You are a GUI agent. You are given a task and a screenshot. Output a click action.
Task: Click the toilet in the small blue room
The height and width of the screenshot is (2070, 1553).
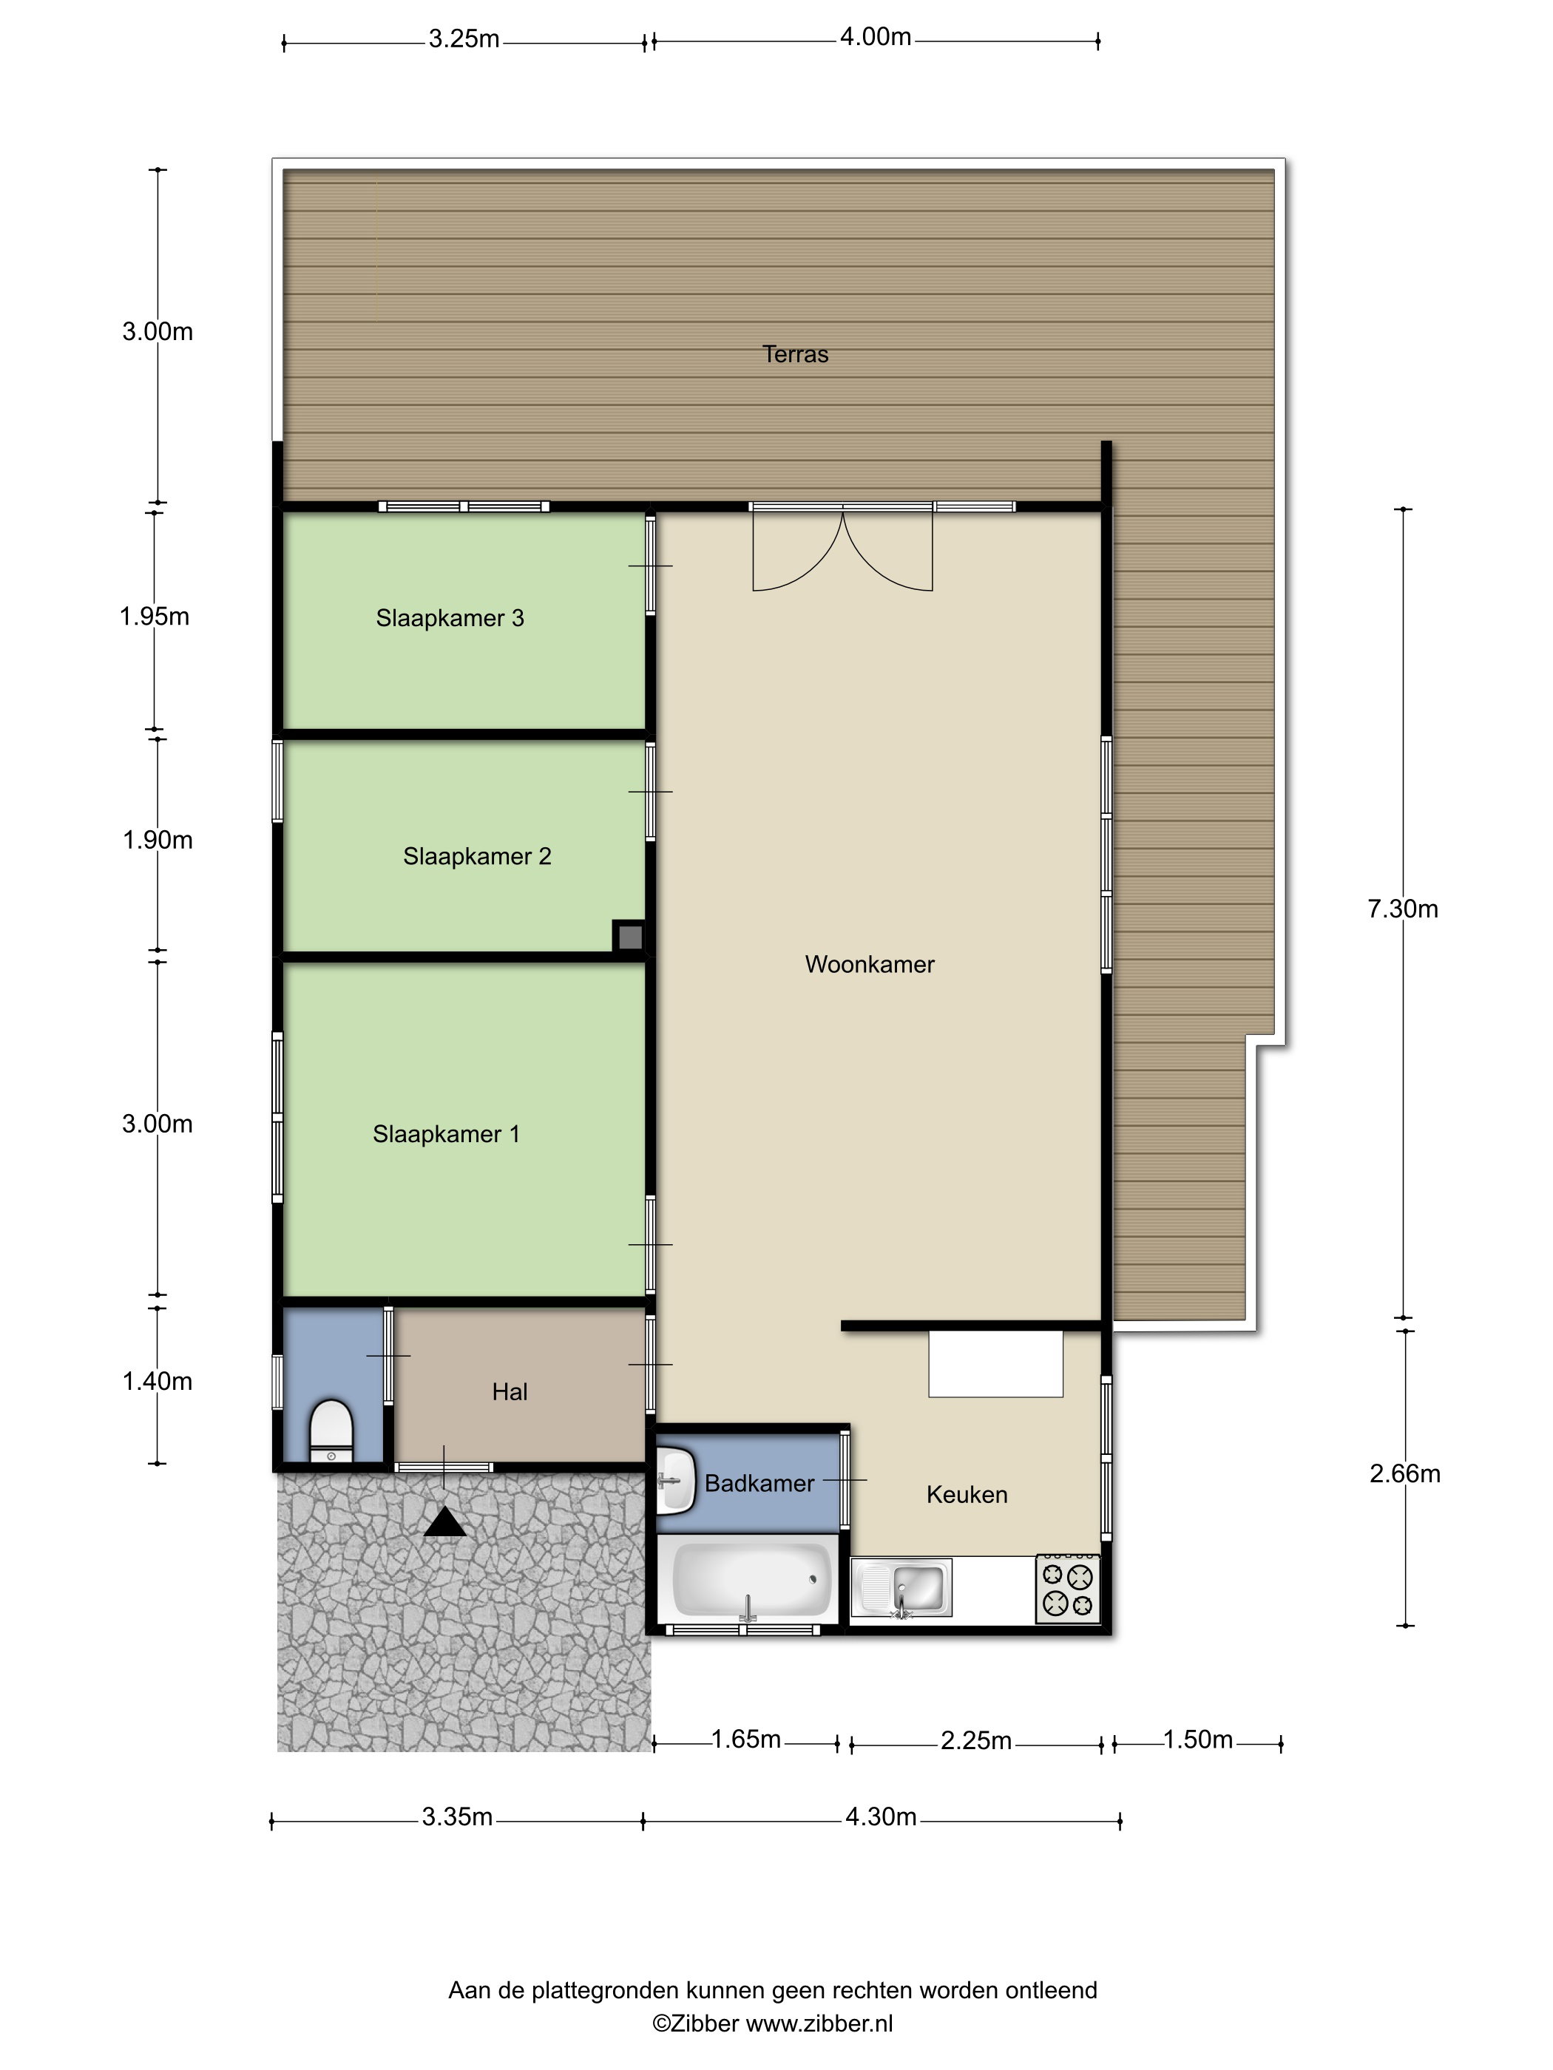point(331,1431)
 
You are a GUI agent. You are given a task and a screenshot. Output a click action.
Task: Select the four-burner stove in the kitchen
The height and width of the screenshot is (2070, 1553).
point(1067,1589)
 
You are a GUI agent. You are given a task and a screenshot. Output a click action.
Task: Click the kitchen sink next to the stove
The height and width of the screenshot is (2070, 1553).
point(901,1588)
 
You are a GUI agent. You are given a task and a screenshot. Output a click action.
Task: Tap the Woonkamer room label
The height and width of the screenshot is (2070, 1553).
point(870,965)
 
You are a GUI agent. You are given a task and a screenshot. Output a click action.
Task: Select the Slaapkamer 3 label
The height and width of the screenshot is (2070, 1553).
point(450,619)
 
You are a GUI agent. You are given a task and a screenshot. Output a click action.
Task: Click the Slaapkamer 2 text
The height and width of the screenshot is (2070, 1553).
point(478,856)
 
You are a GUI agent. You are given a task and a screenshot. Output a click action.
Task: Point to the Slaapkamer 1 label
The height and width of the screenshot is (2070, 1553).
point(447,1134)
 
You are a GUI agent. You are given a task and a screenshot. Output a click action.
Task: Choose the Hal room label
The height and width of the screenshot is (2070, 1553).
point(510,1393)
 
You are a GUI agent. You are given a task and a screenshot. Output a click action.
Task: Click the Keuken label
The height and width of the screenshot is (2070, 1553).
point(967,1495)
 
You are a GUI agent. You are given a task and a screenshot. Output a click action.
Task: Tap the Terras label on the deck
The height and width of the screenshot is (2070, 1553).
point(796,355)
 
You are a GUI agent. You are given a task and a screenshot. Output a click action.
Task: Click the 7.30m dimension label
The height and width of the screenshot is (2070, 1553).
point(1403,909)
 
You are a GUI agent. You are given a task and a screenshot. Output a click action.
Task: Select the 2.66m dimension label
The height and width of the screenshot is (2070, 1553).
point(1405,1474)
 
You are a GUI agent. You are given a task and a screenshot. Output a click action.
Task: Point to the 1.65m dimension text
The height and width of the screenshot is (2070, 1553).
point(746,1740)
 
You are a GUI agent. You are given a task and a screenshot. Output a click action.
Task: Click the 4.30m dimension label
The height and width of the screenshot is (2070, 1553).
point(881,1817)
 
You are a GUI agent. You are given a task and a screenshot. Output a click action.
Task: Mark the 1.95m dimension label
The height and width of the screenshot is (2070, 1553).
point(155,617)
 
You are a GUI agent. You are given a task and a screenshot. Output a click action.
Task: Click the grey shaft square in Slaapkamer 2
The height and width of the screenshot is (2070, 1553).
point(630,937)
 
